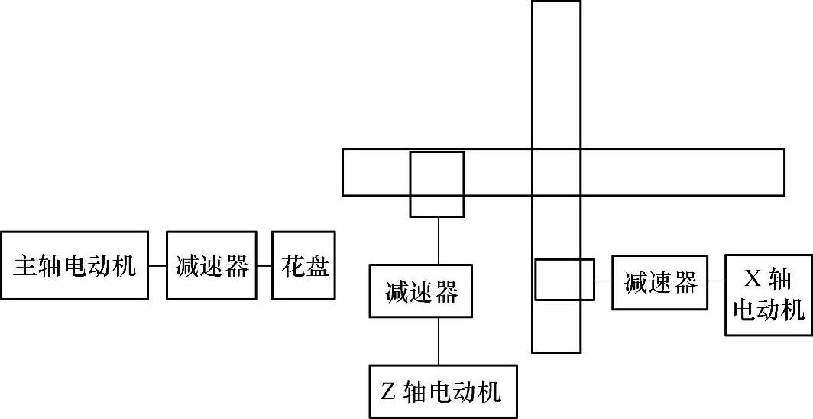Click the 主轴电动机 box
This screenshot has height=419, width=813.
[74, 266]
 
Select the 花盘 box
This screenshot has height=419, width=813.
[303, 266]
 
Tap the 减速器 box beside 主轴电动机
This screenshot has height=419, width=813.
[211, 266]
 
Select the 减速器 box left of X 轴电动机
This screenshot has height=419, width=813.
[659, 283]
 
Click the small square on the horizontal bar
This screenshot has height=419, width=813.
[437, 184]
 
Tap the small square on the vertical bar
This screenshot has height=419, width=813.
[564, 280]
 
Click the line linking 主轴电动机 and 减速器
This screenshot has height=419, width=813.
[157, 266]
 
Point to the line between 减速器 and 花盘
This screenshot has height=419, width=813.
[264, 266]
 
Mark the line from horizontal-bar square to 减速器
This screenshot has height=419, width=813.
[438, 240]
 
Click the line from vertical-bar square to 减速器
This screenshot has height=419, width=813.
[603, 281]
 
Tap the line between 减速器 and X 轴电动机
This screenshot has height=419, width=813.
[716, 281]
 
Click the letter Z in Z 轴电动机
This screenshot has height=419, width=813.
[387, 392]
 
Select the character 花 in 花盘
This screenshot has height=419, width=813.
[291, 266]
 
